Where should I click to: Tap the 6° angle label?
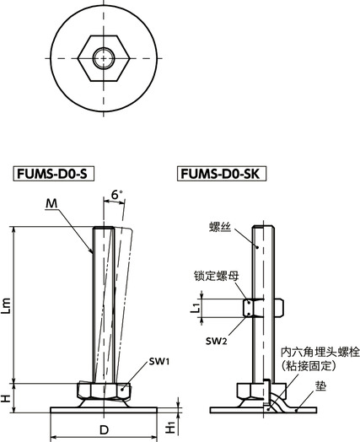point(116,195)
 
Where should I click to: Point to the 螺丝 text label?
point(221,226)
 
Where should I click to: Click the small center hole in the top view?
point(102,58)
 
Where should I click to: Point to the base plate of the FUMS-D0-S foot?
point(102,410)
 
